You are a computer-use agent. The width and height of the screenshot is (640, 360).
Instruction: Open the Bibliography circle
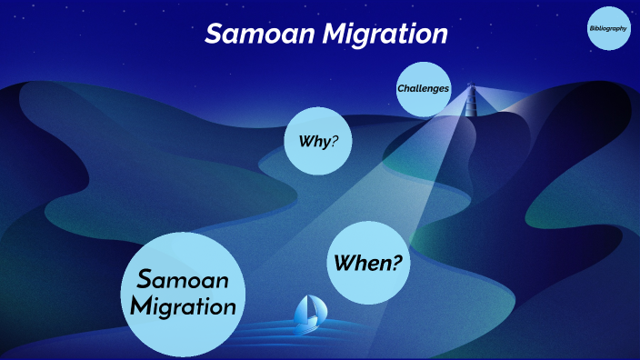coord(607,29)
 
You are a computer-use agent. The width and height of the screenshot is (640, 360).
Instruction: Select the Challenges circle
coord(424,89)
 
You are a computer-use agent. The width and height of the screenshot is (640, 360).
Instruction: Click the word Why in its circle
coord(313,141)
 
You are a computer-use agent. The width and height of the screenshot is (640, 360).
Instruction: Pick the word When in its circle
coord(361,263)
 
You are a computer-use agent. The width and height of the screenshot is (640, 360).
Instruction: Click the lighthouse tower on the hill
coord(471,102)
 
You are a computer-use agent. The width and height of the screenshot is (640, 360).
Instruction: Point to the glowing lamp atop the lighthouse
coord(471,88)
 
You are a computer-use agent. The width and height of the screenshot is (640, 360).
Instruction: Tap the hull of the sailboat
coord(307,324)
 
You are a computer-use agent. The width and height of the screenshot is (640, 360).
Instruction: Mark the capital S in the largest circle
coord(144,277)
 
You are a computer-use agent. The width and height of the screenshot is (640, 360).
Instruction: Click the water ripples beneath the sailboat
coord(307,335)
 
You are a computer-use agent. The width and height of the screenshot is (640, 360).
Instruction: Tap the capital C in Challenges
coord(401,89)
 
